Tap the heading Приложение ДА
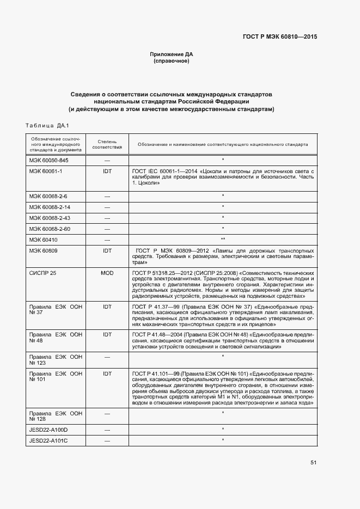tap(172, 54)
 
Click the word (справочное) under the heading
tap(172, 61)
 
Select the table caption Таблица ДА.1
tap(46, 126)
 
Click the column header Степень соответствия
tap(107, 144)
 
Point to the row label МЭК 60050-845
tap(48, 161)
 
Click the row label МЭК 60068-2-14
tap(50, 207)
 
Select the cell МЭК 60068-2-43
tap(50, 218)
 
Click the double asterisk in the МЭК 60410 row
tap(223, 240)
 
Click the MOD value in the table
tap(107, 272)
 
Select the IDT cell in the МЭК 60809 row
tap(107, 250)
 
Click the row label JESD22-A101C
tap(48, 440)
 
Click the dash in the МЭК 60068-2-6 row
tap(107, 196)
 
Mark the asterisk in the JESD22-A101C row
tap(223, 439)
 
